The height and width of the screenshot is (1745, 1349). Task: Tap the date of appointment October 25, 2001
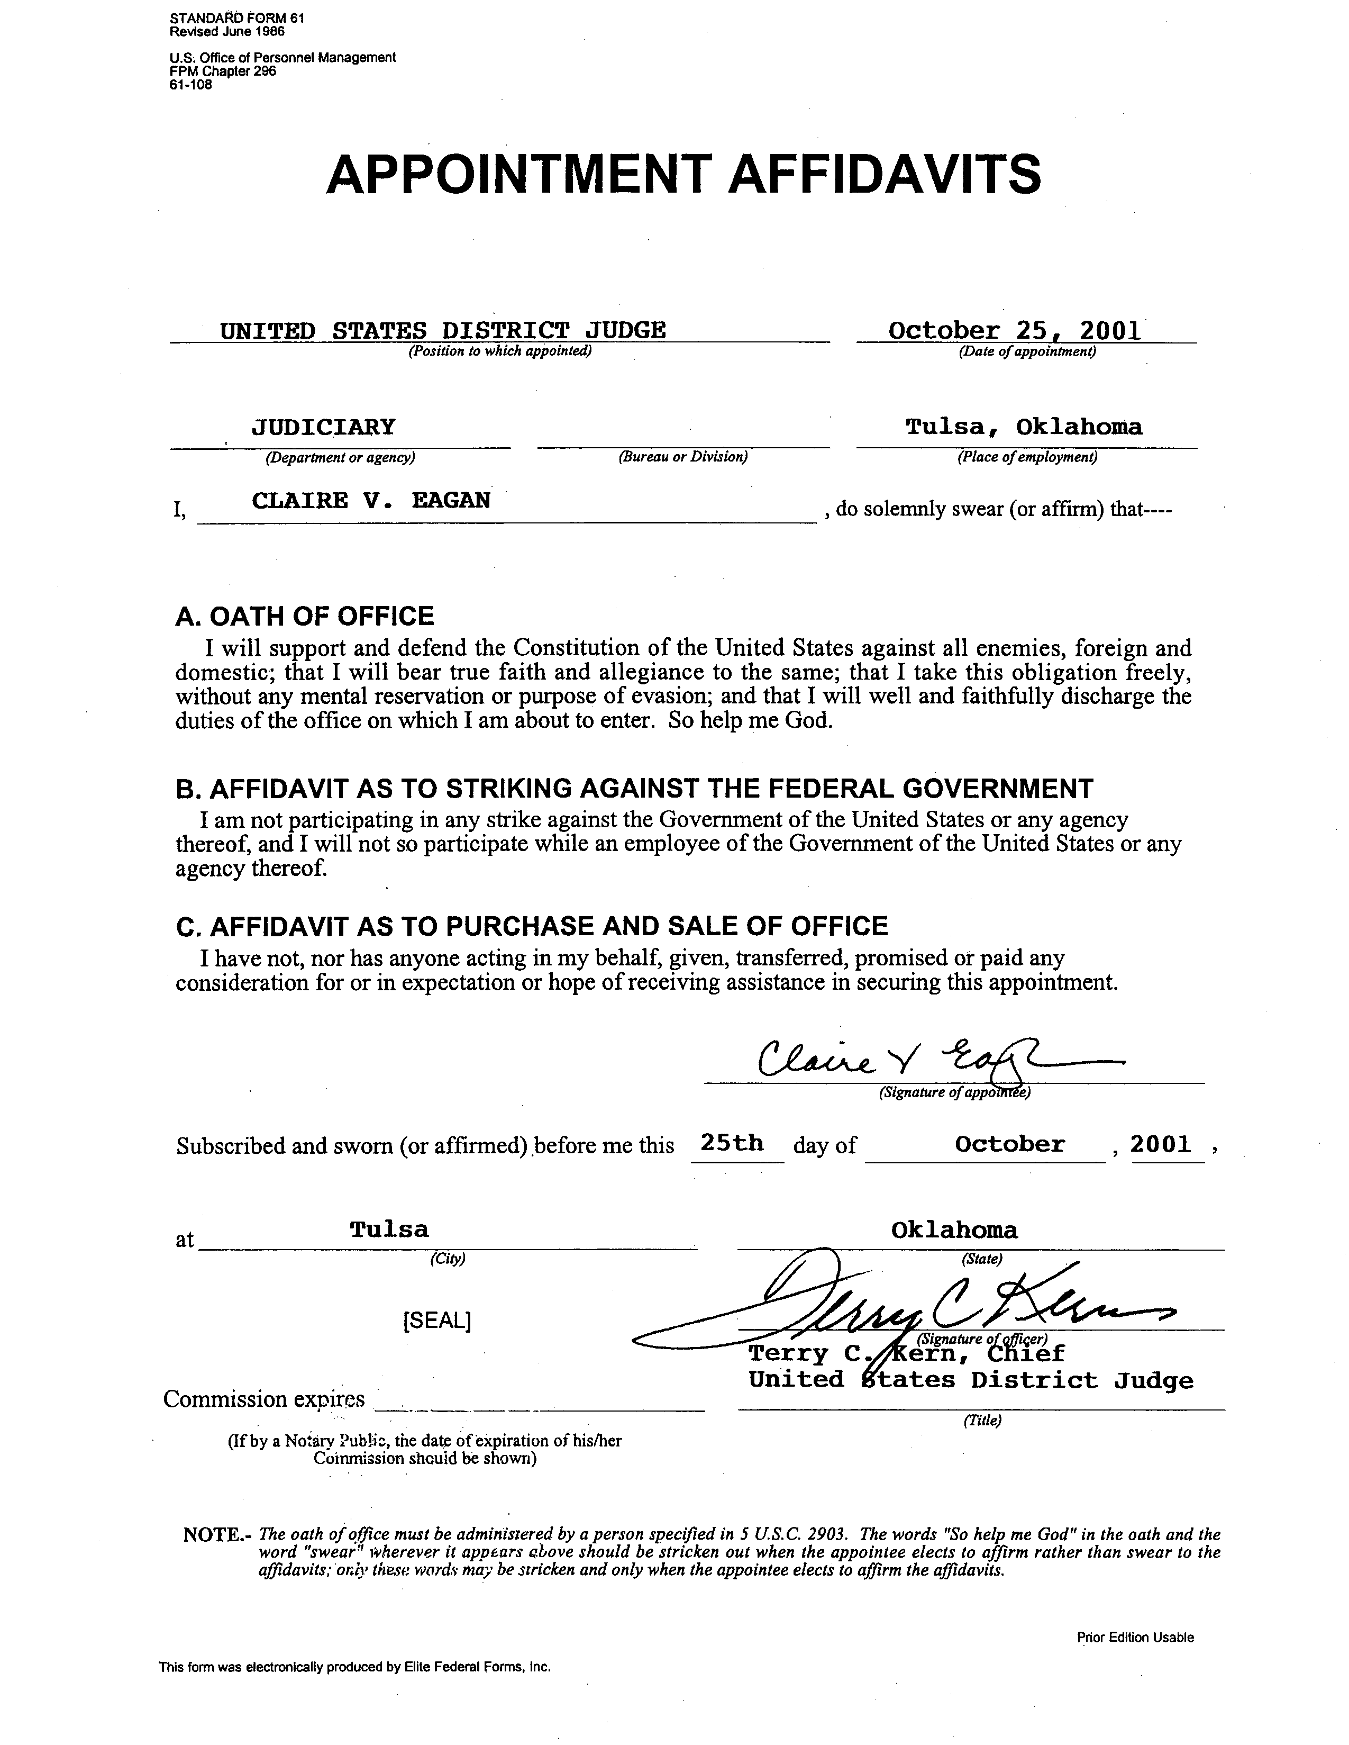click(x=1014, y=331)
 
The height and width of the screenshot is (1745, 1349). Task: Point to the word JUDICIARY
click(x=323, y=427)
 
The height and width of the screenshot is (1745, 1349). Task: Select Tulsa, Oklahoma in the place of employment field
click(x=1024, y=427)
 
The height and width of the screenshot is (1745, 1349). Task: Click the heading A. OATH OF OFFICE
click(x=304, y=616)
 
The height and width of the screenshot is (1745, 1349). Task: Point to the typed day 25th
click(x=732, y=1143)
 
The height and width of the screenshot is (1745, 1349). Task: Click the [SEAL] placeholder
click(x=437, y=1321)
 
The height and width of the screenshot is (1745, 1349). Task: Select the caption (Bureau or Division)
click(x=683, y=458)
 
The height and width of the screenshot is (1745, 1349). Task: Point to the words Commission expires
click(x=263, y=1399)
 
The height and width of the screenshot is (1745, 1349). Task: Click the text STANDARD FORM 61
click(x=237, y=17)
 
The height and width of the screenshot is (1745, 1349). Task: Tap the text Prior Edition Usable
click(x=1135, y=1637)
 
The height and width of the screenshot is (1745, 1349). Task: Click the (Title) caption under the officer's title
click(x=982, y=1420)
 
